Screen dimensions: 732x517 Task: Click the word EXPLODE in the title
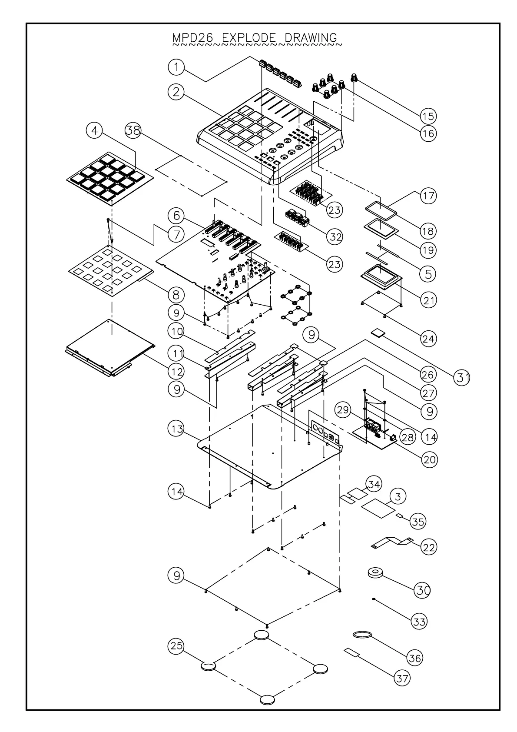point(249,38)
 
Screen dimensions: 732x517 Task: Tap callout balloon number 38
point(133,130)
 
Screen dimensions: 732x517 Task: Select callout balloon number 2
point(176,92)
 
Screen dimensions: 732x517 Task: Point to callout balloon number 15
point(428,116)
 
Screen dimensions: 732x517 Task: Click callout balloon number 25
point(176,646)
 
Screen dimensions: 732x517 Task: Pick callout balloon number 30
point(423,590)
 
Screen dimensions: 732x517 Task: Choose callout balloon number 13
point(176,429)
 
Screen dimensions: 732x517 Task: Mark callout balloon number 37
point(402,678)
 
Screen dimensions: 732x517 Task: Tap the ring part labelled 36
point(362,635)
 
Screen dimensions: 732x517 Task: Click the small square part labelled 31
point(378,333)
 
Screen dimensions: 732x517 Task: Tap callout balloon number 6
point(176,215)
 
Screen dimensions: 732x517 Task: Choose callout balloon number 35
point(418,521)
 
